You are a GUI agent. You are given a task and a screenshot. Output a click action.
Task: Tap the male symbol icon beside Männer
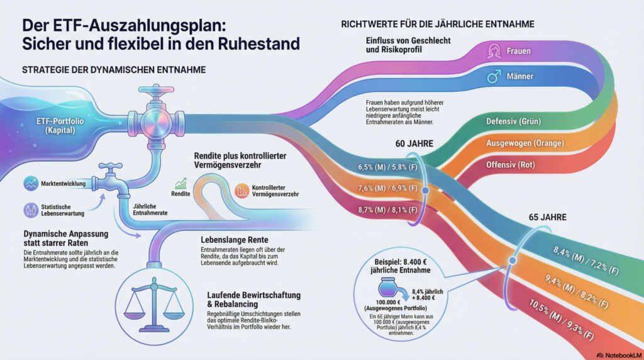(x=494, y=77)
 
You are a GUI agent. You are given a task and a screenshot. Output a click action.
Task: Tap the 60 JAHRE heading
(x=413, y=144)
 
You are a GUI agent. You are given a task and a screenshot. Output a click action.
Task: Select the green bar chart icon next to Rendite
(x=182, y=184)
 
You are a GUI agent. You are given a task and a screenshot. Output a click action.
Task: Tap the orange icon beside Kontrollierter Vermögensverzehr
(x=241, y=190)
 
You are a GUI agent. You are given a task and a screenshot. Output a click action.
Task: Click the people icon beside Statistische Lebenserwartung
(x=30, y=210)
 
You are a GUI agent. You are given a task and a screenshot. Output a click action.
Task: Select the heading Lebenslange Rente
(x=234, y=240)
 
